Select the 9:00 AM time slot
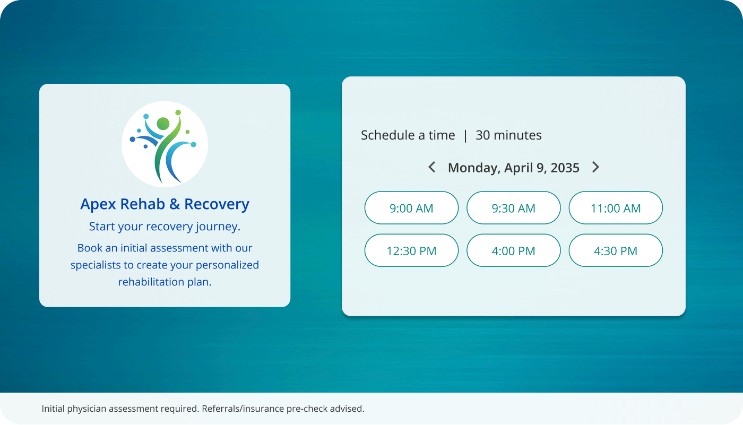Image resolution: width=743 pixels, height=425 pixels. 411,208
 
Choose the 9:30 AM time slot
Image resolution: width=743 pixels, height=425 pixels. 513,208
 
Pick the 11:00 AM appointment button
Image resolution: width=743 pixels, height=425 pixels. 616,208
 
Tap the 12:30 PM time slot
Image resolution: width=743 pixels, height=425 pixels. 411,250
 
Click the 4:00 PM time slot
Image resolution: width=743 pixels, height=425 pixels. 513,250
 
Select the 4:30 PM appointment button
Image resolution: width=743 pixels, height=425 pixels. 616,250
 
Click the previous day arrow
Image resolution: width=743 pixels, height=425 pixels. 432,167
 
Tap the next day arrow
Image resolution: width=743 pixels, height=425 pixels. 595,167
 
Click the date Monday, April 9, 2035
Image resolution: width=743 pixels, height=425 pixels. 513,168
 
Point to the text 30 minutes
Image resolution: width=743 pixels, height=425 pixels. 508,135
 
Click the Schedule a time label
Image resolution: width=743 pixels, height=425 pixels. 408,135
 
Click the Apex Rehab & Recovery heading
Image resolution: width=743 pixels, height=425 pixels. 165,204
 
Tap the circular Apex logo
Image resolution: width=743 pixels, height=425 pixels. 165,144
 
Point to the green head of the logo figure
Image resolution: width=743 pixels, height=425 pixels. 163,124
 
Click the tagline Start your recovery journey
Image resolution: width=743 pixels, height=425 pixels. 165,227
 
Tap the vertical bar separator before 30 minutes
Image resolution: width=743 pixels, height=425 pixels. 465,135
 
